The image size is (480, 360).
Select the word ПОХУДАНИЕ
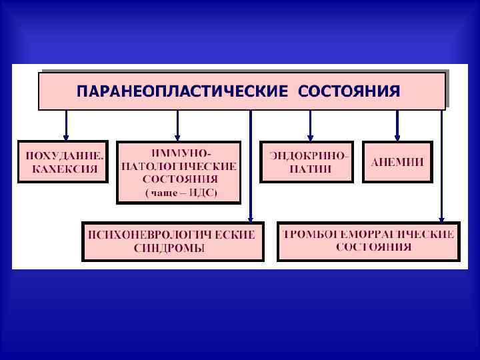[65, 155]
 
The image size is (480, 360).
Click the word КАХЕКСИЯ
[65, 169]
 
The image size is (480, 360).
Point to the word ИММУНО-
[178, 153]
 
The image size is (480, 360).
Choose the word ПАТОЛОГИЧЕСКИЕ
[178, 166]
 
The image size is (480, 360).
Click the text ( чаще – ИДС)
[178, 194]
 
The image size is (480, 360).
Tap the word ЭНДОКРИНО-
[309, 155]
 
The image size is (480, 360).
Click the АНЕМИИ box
[397, 162]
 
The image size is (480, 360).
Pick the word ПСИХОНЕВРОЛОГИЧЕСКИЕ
[173, 235]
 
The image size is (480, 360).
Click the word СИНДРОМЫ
[173, 248]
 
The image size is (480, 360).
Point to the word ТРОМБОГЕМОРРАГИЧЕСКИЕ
[369, 234]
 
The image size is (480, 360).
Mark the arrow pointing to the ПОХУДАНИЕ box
[66, 125]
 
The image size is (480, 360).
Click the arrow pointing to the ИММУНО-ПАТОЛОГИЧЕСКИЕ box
[177, 125]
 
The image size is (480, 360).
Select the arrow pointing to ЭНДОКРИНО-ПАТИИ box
[310, 125]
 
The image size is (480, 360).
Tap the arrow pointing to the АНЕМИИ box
[397, 125]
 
